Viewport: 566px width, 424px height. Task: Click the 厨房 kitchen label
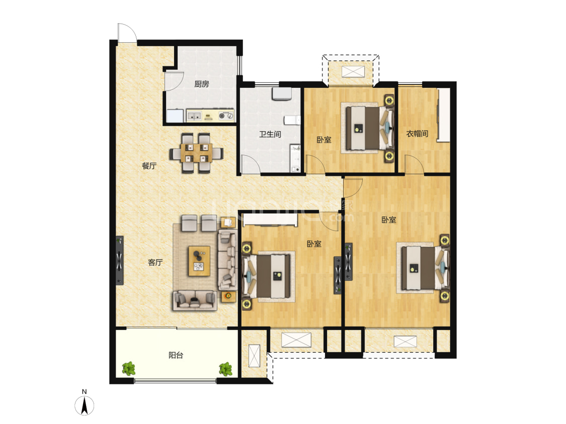pyautogui.click(x=201, y=84)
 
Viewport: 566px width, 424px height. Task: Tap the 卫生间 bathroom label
pyautogui.click(x=270, y=134)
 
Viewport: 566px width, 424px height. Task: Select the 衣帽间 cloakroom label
pyautogui.click(x=417, y=134)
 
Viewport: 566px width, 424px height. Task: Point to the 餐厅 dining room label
pyautogui.click(x=149, y=166)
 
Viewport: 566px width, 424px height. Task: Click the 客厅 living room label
pyautogui.click(x=155, y=262)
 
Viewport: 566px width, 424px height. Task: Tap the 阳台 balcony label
pyautogui.click(x=176, y=355)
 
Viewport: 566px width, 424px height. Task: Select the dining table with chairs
pyautogui.click(x=196, y=153)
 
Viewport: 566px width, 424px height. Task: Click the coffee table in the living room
pyautogui.click(x=199, y=261)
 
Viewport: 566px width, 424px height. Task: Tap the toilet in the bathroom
pyautogui.click(x=292, y=120)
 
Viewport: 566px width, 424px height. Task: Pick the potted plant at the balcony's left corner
pyautogui.click(x=128, y=369)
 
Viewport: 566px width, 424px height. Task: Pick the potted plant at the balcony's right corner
pyautogui.click(x=225, y=369)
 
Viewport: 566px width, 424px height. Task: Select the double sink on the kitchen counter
pyautogui.click(x=194, y=116)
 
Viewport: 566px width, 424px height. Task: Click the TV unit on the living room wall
pyautogui.click(x=119, y=261)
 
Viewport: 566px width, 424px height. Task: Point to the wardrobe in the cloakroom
pyautogui.click(x=443, y=115)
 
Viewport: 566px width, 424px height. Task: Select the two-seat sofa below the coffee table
pyautogui.click(x=195, y=300)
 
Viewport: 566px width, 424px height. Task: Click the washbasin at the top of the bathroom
pyautogui.click(x=282, y=93)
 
